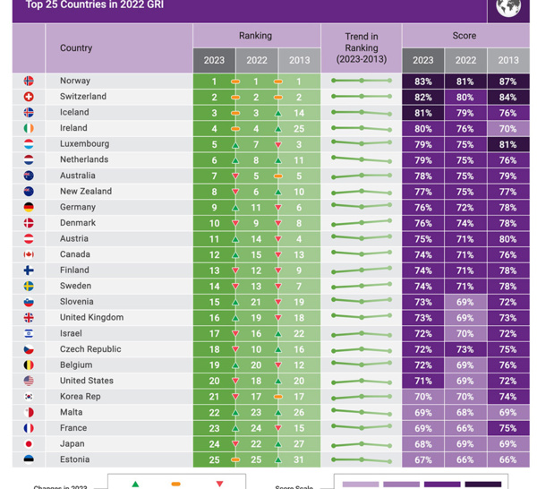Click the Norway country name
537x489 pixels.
(x=75, y=81)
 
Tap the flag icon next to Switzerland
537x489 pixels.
(x=29, y=97)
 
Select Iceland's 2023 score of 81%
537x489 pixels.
(x=422, y=113)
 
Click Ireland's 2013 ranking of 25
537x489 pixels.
(x=299, y=128)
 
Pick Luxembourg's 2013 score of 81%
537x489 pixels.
(x=507, y=144)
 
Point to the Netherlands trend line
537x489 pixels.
(x=362, y=160)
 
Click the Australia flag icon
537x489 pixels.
(x=29, y=176)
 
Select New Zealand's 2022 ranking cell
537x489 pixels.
(x=256, y=192)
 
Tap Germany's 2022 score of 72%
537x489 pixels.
(x=465, y=207)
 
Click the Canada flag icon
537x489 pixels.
(x=29, y=254)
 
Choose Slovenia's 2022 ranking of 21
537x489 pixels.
(x=256, y=302)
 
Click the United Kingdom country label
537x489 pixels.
(x=91, y=317)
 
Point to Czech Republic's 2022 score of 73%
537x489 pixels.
(x=465, y=349)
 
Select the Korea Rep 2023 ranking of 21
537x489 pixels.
(x=214, y=397)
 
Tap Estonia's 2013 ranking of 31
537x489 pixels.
(x=299, y=459)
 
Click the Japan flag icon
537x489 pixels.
(x=29, y=444)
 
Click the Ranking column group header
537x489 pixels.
(x=256, y=36)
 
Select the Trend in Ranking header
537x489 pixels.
(x=362, y=47)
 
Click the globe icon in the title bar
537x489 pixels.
(x=508, y=8)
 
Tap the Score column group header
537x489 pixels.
(x=465, y=36)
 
